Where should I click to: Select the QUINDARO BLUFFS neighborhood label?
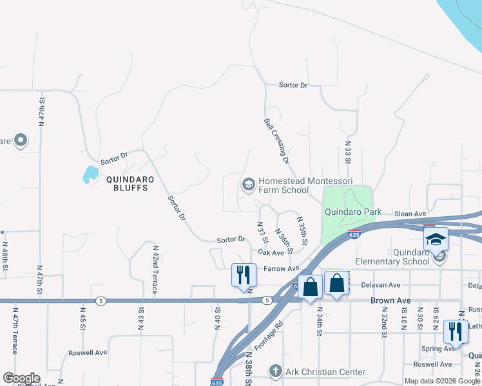[x=128, y=184]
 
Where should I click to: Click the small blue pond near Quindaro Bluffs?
[x=90, y=174]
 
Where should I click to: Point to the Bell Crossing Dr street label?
[x=276, y=140]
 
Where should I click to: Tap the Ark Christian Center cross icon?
[x=275, y=372]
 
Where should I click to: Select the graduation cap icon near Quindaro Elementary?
[x=436, y=239]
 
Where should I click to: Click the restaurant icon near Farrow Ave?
[x=244, y=275]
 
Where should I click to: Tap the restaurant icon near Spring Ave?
[x=456, y=331]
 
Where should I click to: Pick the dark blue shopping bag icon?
[x=310, y=287]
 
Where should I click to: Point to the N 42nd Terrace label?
[x=155, y=270]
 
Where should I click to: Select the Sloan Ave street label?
[x=410, y=214]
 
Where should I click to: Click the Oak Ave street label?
[x=271, y=253]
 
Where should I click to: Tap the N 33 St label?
[x=347, y=154]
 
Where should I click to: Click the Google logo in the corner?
[x=21, y=378]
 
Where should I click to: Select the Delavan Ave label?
[x=381, y=284]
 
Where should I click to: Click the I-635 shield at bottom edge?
[x=217, y=382]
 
